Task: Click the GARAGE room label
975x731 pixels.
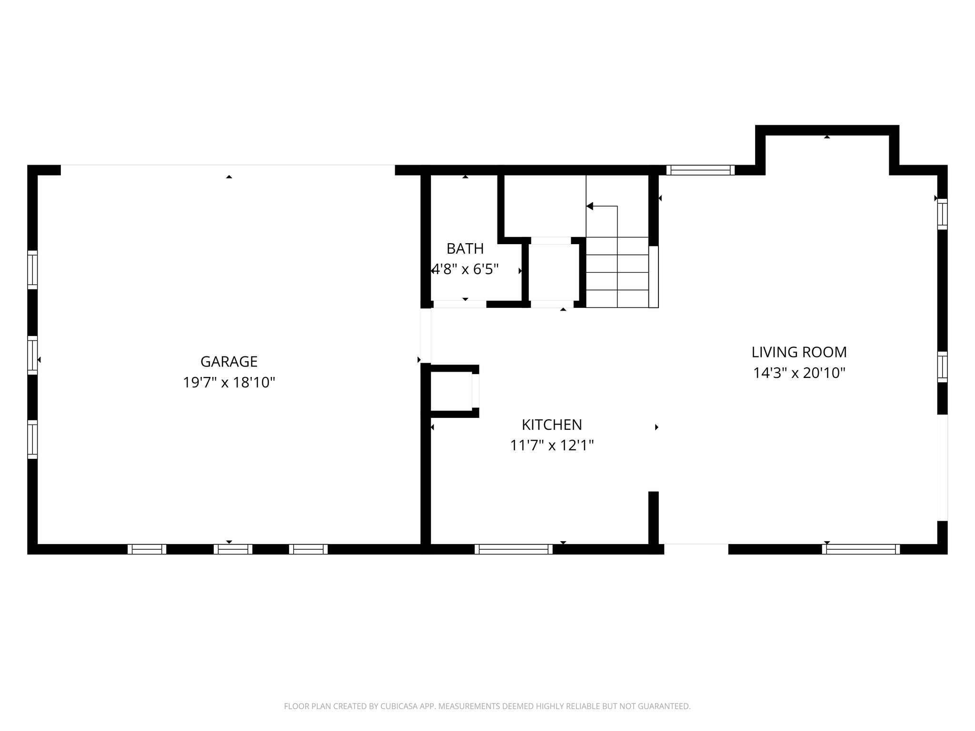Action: point(229,362)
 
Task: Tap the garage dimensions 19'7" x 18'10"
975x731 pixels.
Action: point(229,383)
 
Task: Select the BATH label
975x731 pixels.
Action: point(465,248)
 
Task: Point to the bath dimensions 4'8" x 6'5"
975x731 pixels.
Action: point(465,270)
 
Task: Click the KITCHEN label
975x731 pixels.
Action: point(552,425)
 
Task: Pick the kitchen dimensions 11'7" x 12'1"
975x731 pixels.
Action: point(552,445)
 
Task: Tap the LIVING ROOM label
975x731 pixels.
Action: point(799,352)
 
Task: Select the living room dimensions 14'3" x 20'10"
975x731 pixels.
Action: point(799,373)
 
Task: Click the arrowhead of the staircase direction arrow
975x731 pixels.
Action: point(589,206)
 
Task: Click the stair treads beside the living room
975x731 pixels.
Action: point(617,272)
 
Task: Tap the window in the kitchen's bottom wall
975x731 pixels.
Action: point(514,549)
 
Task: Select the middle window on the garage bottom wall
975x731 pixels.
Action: point(233,549)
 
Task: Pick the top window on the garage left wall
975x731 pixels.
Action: point(32,270)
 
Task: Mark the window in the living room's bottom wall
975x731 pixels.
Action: point(861,549)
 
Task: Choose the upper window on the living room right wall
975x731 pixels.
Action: point(942,214)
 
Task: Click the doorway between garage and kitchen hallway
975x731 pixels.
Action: point(426,336)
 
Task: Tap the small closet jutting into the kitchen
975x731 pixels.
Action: point(452,391)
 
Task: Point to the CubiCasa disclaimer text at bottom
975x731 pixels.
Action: point(487,706)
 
